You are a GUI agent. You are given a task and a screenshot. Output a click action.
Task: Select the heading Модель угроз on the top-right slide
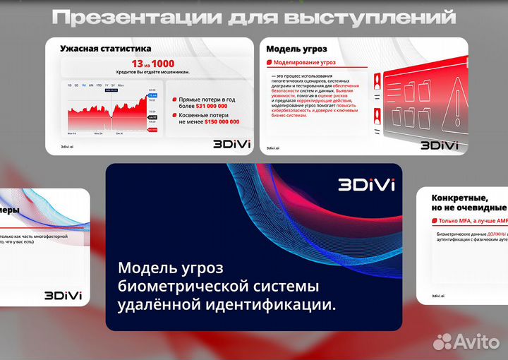(296, 49)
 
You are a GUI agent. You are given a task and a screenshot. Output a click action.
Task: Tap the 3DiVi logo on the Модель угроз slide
(439, 145)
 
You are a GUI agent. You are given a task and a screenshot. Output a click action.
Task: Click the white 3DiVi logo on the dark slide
(366, 185)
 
